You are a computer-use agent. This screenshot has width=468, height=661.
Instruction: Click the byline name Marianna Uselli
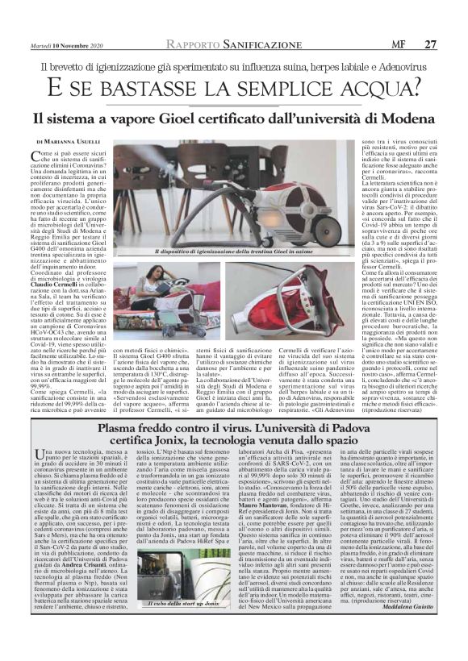[x=77, y=141]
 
